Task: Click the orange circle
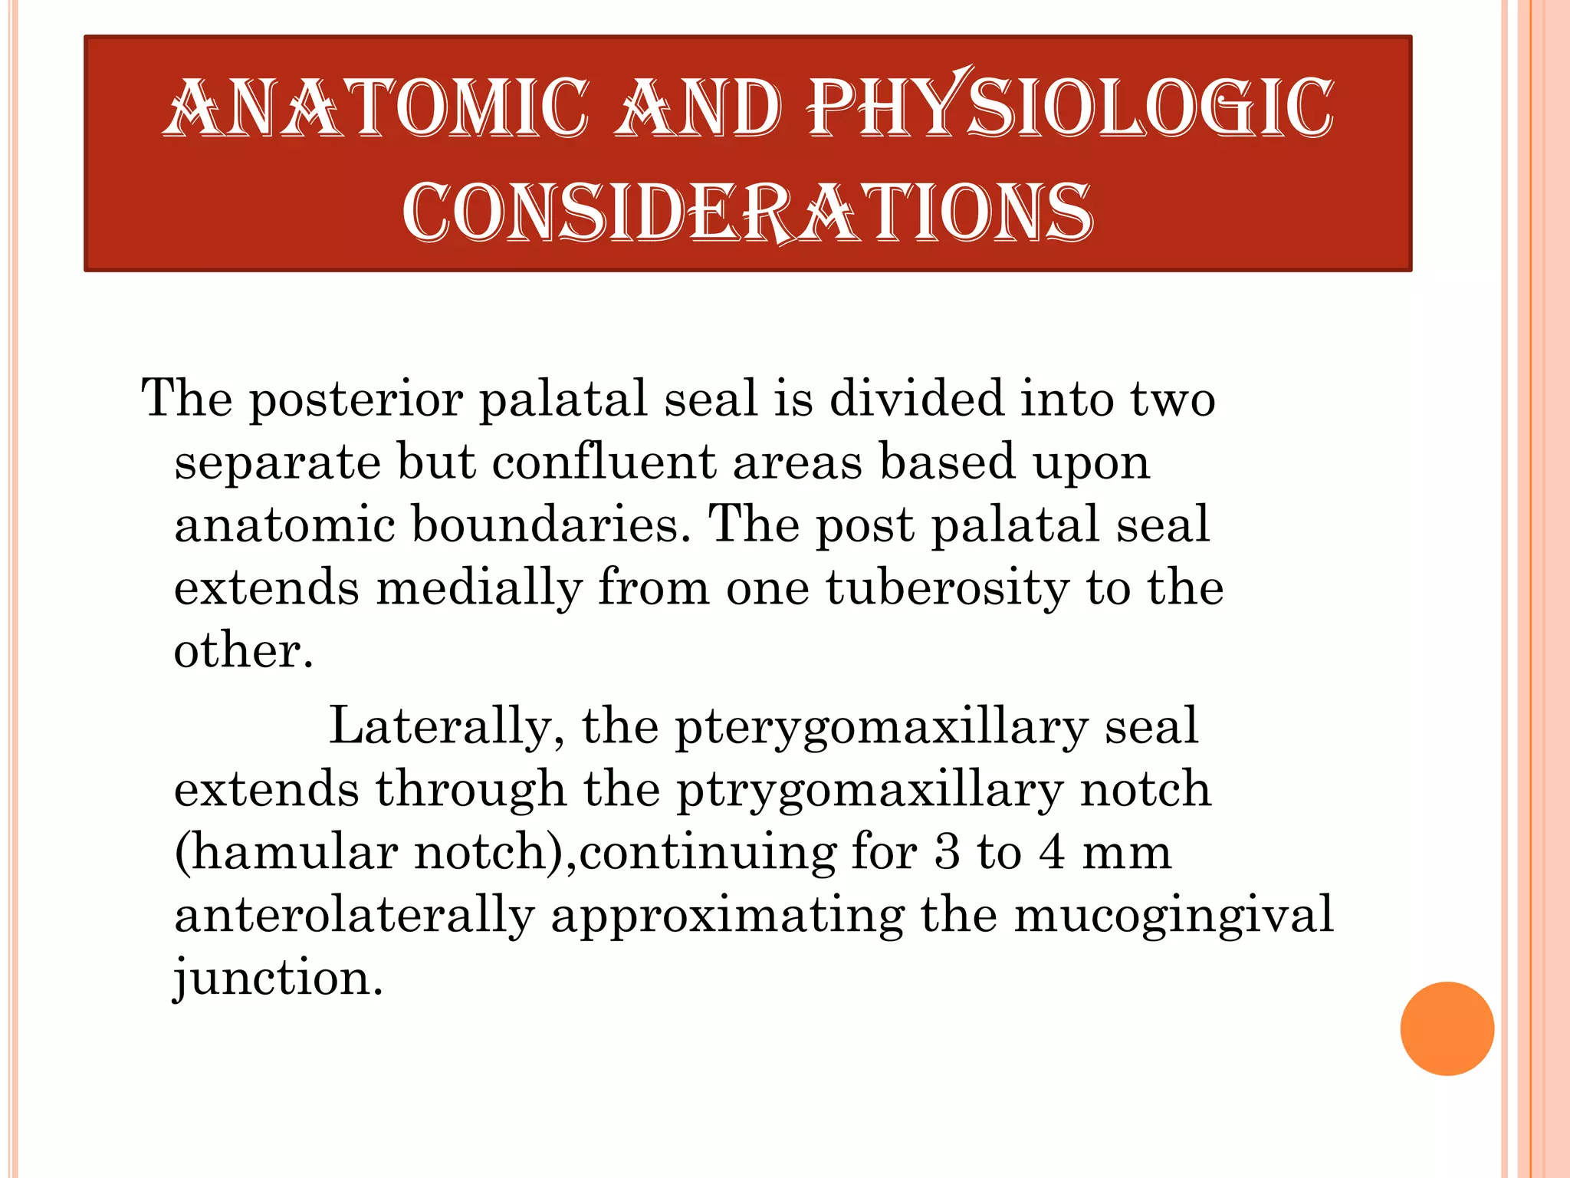(1447, 1028)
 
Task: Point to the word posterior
(356, 400)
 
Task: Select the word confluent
(603, 462)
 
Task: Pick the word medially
(479, 589)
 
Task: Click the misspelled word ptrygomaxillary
(869, 790)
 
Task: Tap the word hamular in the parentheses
(293, 852)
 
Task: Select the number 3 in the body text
(947, 852)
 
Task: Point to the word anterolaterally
(354, 915)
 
